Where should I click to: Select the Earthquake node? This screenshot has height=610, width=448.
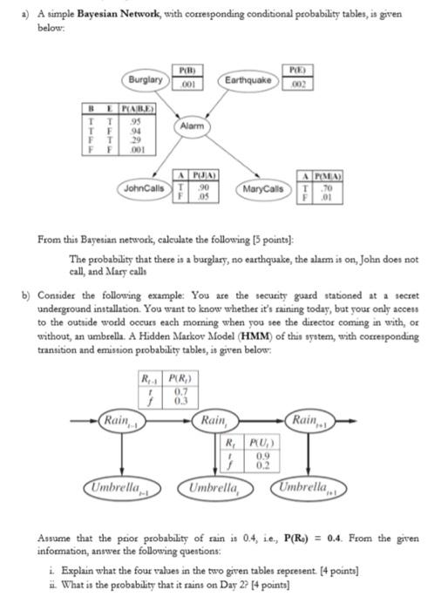point(248,80)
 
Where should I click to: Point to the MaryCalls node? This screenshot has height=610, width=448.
point(261,189)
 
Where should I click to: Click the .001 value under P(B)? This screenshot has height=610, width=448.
point(185,84)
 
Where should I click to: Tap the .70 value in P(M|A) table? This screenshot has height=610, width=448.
point(326,186)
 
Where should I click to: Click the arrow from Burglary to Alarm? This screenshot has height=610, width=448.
point(169,104)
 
